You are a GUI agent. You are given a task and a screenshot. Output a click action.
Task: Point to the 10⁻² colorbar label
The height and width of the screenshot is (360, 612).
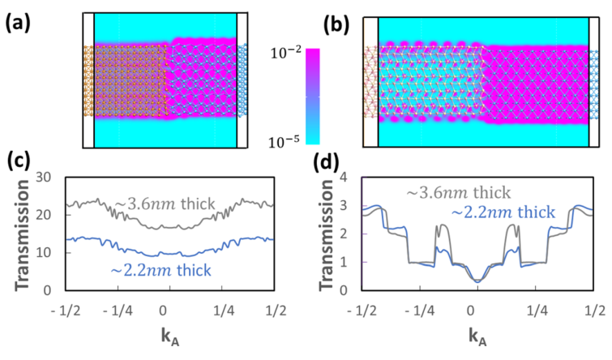[285, 52]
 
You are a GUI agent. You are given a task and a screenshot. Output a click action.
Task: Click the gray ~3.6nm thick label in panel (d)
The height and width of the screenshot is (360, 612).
[458, 192]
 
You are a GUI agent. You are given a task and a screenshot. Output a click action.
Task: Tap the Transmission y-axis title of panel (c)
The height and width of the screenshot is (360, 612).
[24, 239]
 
